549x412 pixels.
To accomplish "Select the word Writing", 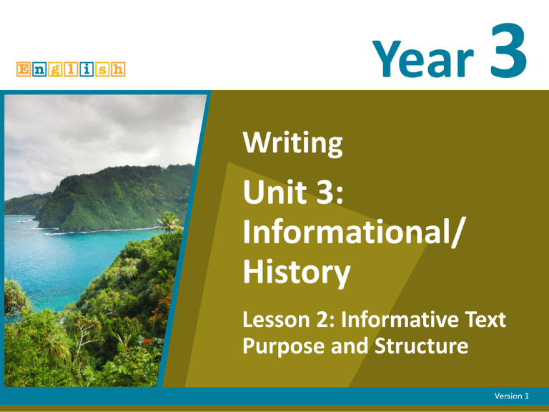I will tap(292, 147).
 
